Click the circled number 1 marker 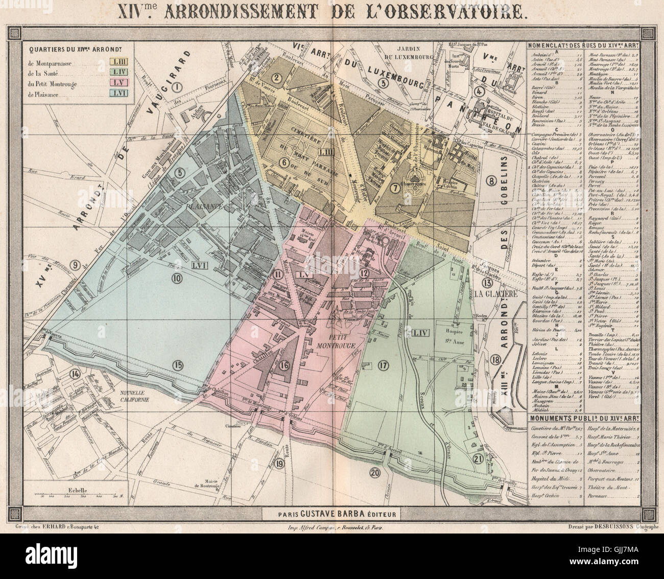click(177, 87)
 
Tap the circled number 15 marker click(177, 364)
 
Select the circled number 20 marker click(374, 473)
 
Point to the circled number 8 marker click(491, 180)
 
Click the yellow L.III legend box click(120, 62)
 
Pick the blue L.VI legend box click(120, 94)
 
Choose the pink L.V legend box click(120, 83)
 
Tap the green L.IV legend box click(120, 73)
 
